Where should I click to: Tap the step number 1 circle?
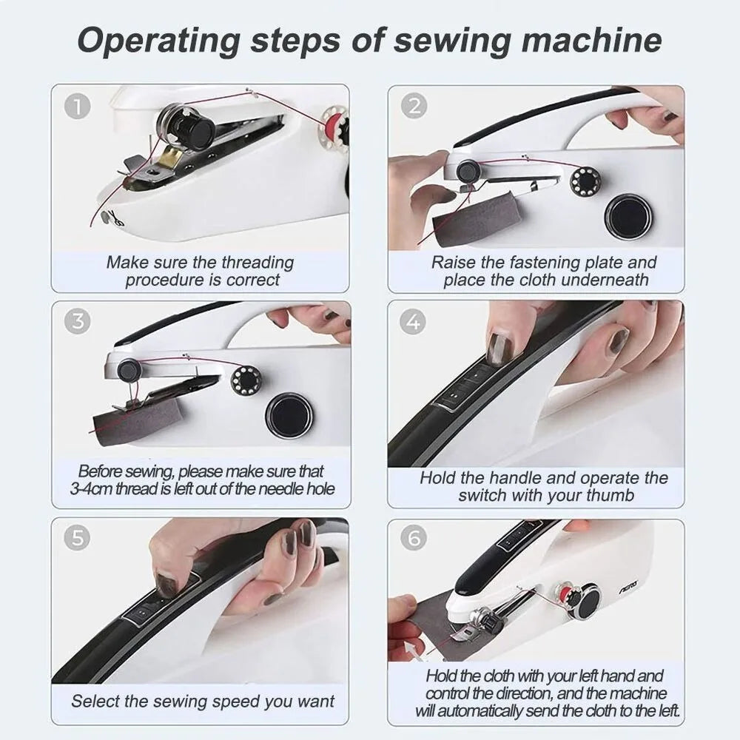pos(78,106)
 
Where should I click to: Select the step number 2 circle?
pos(414,106)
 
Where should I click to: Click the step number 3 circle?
pos(78,321)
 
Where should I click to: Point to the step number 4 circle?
pos(414,321)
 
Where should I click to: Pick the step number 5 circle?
pos(78,538)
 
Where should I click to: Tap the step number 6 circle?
pos(414,538)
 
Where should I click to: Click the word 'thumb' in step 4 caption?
pos(610,496)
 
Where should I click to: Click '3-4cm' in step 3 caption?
pos(92,489)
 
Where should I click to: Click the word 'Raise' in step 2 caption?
pos(453,262)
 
